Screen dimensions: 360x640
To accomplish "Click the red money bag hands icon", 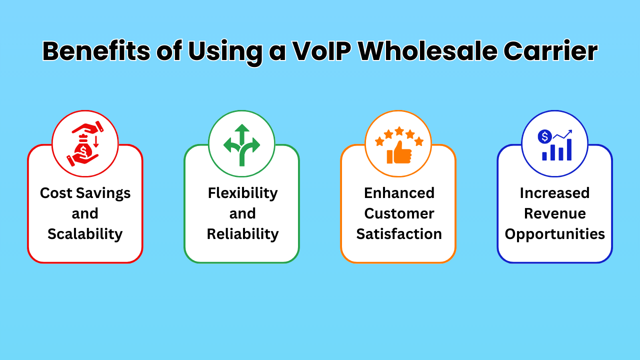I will pyautogui.click(x=85, y=143).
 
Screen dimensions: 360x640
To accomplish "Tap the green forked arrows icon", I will pyautogui.click(x=241, y=144).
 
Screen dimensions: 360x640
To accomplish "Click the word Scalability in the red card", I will pyautogui.click(x=85, y=234).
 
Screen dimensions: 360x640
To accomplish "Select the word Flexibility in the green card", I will pyautogui.click(x=242, y=193).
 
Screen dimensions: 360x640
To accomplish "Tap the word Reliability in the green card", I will pyautogui.click(x=242, y=234).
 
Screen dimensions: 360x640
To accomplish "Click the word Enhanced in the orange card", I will pyautogui.click(x=399, y=193).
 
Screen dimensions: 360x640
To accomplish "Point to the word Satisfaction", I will pyautogui.click(x=399, y=234).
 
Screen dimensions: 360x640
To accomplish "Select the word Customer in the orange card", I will pyautogui.click(x=399, y=213).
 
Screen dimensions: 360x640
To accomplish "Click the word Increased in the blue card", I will pyautogui.click(x=554, y=193).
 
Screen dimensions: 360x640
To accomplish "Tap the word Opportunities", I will pyautogui.click(x=554, y=234).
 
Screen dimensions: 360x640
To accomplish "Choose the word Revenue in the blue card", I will pyautogui.click(x=554, y=213).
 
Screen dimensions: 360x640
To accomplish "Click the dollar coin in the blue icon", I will pyautogui.click(x=544, y=136).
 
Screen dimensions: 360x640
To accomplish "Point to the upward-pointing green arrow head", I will pyautogui.click(x=242, y=128).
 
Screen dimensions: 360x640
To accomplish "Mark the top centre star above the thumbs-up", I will pyautogui.click(x=399, y=131).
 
